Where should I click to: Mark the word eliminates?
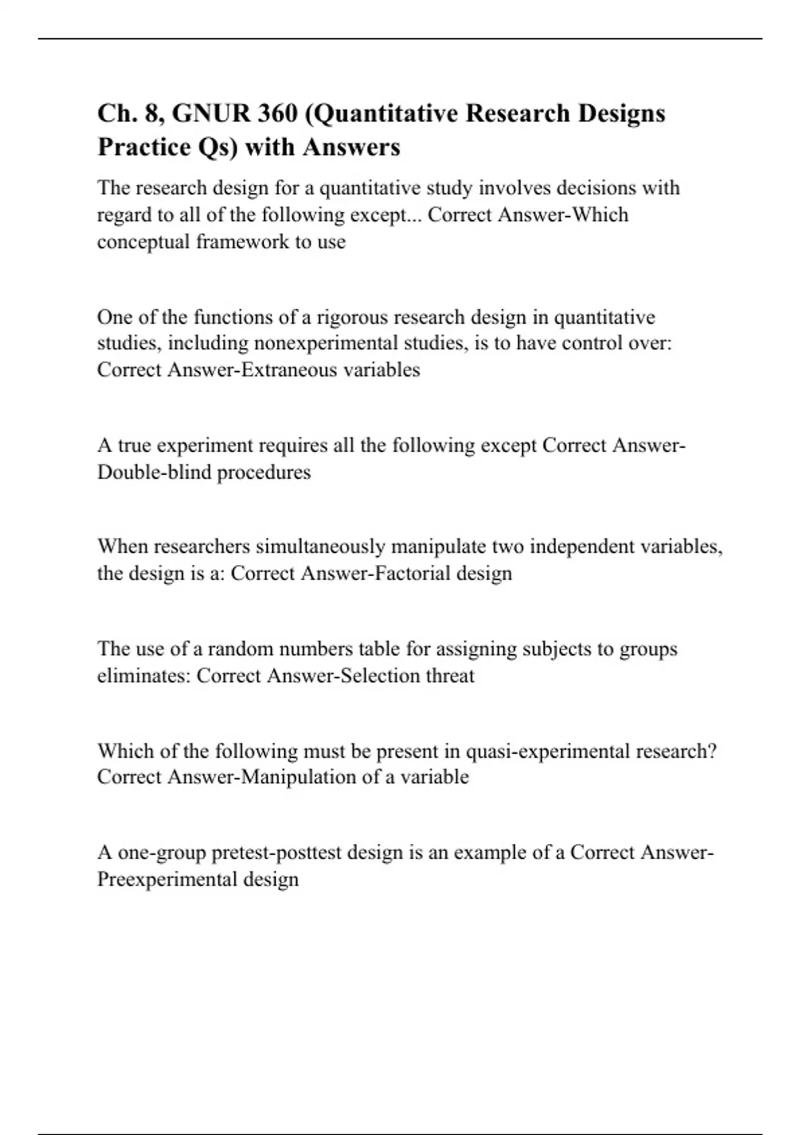144,676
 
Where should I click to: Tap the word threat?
450,676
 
